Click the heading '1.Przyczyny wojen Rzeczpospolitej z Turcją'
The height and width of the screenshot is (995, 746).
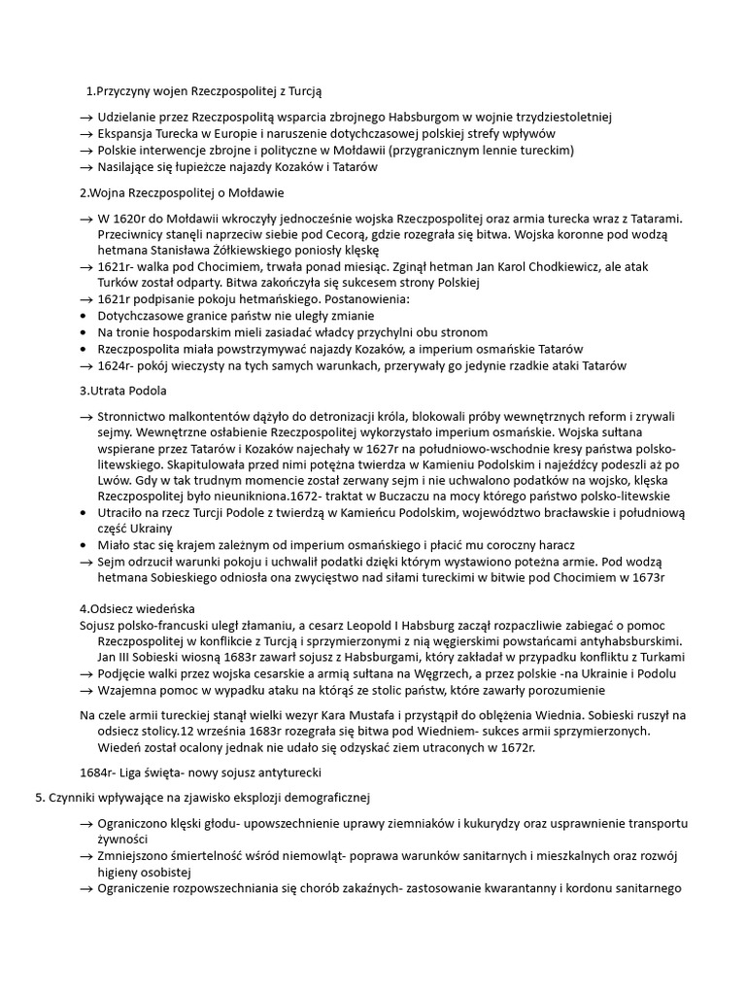click(x=210, y=91)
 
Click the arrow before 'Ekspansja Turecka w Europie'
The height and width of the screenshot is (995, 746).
click(x=86, y=133)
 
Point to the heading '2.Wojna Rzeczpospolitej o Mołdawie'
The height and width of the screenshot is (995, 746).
click(x=181, y=192)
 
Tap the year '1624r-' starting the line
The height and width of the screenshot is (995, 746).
click(x=115, y=365)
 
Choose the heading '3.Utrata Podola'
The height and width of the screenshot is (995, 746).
click(x=122, y=391)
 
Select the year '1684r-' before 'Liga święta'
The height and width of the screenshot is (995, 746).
click(x=97, y=772)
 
